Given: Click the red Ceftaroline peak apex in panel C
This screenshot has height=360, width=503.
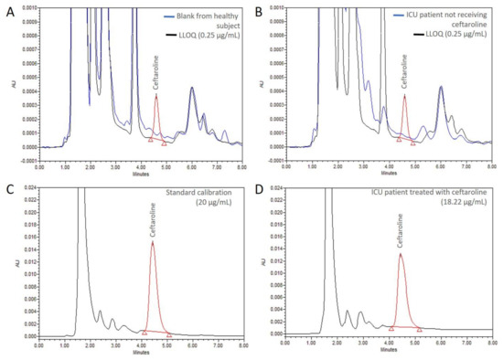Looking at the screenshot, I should (153, 242).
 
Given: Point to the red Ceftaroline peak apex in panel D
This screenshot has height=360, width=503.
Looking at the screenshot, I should (401, 254).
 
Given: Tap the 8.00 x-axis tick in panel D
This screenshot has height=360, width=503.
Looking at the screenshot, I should (491, 344).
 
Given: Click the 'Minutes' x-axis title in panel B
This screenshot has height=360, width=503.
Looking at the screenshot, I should (391, 172).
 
